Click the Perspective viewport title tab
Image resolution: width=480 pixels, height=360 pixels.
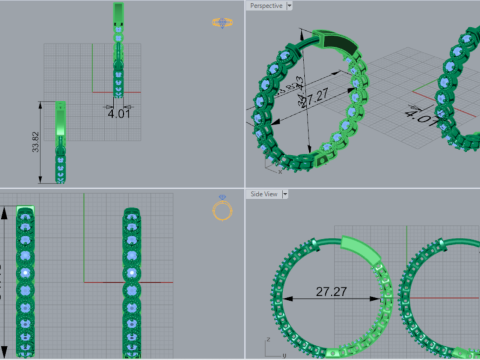click(x=265, y=6)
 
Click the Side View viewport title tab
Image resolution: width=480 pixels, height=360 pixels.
click(x=264, y=193)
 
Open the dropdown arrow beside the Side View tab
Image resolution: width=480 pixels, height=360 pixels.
click(x=289, y=193)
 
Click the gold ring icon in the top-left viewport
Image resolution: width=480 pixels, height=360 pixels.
click(x=219, y=22)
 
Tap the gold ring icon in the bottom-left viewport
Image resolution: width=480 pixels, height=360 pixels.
click(x=222, y=209)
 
